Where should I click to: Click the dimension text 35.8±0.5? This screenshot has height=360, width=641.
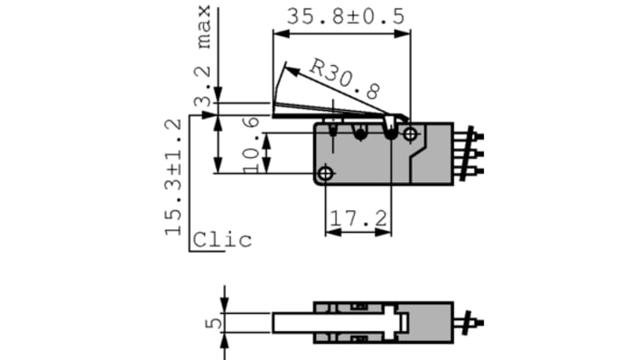(345, 15)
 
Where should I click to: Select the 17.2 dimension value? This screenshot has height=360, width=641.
(358, 218)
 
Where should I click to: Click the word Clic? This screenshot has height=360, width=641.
(222, 240)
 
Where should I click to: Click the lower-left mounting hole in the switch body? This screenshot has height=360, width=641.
(326, 172)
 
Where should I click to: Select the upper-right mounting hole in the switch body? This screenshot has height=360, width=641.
(411, 134)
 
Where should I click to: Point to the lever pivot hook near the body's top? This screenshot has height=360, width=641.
(390, 132)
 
